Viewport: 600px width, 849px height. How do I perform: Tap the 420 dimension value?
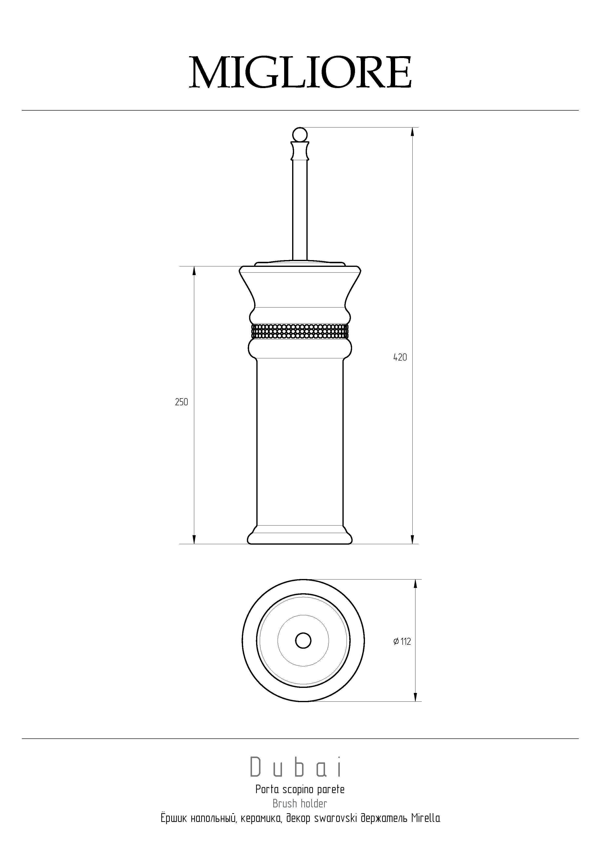[400, 358]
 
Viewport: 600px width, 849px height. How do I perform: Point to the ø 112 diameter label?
[402, 642]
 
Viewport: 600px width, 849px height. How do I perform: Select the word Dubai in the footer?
[296, 767]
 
